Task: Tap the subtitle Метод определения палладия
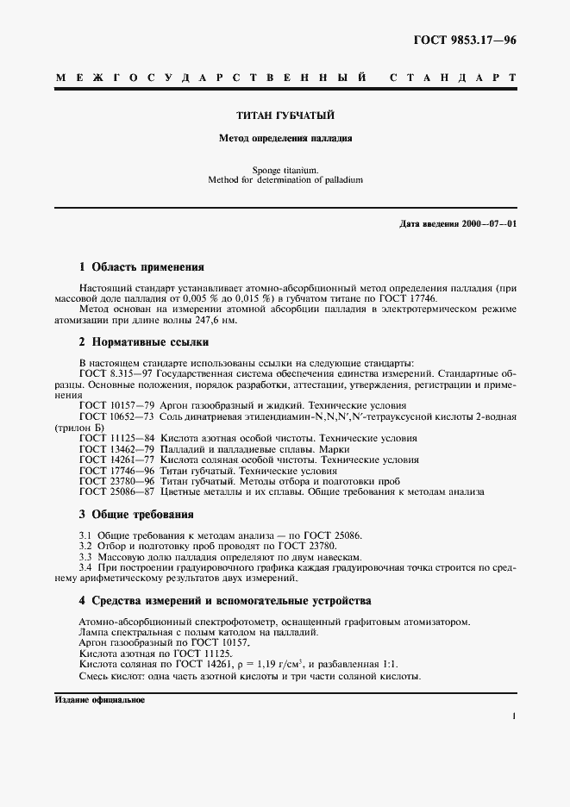(x=285, y=137)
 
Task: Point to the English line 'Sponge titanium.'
(x=285, y=171)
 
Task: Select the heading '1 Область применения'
(x=141, y=267)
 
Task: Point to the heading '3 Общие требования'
(x=135, y=515)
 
